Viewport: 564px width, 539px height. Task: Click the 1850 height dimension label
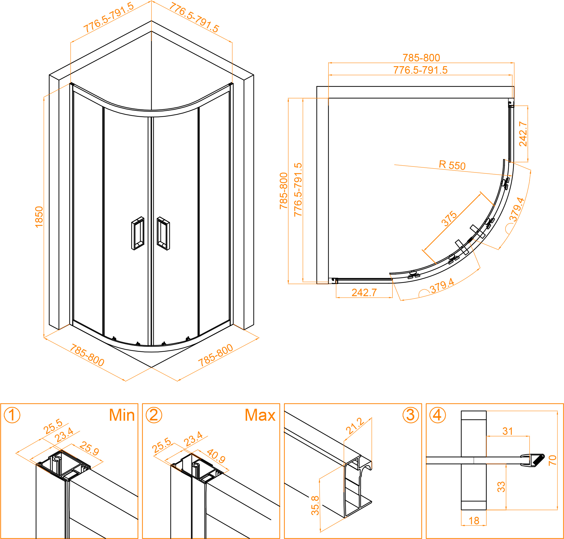point(39,217)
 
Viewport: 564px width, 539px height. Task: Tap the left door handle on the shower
point(137,233)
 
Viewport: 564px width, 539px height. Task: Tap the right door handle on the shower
point(163,233)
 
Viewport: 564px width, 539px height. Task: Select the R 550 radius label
point(452,165)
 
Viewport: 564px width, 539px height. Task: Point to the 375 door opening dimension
point(449,219)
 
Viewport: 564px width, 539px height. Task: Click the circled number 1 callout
point(12,415)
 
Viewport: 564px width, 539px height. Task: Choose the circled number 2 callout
point(154,415)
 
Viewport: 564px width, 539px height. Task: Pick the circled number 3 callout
point(410,415)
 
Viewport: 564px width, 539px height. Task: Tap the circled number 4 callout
point(437,415)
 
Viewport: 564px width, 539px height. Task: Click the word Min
point(122,415)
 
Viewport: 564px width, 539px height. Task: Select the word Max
point(260,415)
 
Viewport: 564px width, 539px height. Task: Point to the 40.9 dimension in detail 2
point(216,456)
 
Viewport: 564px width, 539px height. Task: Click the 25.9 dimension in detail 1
point(89,449)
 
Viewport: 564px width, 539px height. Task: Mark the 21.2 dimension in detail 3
point(355,426)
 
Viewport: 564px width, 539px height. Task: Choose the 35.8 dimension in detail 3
point(315,505)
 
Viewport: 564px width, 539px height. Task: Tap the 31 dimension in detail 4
point(508,431)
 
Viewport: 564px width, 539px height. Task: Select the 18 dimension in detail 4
point(474,521)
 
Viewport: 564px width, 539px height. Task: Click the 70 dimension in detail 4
point(552,460)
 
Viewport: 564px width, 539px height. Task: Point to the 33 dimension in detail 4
point(501,487)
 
